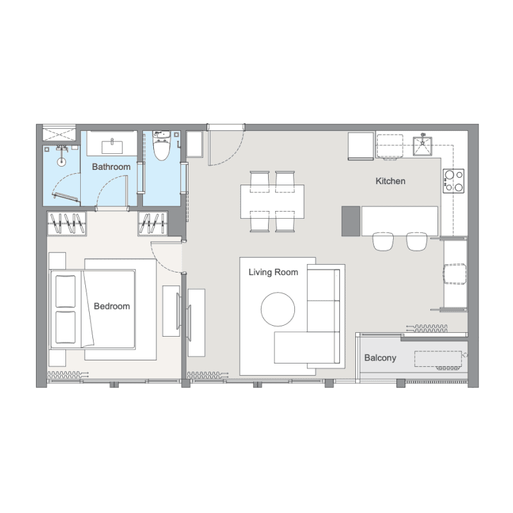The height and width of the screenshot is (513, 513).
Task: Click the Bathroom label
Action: coord(111,167)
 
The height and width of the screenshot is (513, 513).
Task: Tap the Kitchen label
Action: coord(391,181)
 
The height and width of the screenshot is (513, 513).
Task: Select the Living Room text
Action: coord(273,272)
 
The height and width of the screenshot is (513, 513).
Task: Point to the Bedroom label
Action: coord(112,307)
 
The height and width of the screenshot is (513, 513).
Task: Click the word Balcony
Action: coord(380,358)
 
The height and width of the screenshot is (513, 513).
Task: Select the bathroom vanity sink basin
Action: coord(112,147)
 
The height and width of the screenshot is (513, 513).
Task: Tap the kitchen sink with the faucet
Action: coord(423,146)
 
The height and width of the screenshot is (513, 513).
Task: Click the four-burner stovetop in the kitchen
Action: coord(454,181)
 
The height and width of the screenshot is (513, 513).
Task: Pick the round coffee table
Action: coord(278,309)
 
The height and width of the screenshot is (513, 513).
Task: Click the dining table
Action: coord(272,201)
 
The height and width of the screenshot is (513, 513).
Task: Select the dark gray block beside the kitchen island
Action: coord(351,221)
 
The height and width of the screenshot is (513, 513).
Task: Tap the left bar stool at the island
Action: coord(383,242)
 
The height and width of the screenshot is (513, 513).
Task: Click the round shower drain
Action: coord(61,162)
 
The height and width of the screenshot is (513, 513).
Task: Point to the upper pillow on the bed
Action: coord(65,291)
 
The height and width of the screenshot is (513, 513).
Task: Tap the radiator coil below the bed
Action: coord(68,374)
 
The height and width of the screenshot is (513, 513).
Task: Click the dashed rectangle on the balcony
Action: coord(438,359)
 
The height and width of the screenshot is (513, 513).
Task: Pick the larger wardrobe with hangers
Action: coord(67,223)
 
